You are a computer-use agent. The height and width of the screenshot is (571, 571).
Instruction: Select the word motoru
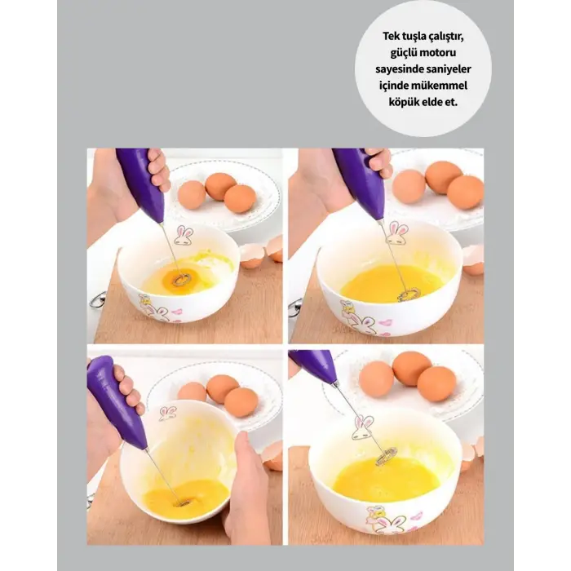pos(438,52)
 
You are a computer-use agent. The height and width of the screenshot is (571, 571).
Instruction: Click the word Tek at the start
pos(390,37)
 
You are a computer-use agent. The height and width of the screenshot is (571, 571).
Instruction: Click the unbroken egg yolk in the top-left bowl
pos(179,280)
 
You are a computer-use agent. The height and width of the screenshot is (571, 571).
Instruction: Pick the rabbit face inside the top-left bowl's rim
pos(184,235)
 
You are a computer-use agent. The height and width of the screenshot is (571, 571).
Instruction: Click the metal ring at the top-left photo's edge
pos(96,300)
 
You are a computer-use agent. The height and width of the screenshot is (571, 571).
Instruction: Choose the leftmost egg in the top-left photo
pos(192,195)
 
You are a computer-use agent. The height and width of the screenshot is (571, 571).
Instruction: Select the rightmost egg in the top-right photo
pos(466,193)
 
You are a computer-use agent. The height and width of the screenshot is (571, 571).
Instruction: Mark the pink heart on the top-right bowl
pos(384,323)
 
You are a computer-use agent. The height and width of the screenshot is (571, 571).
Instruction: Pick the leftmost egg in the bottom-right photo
pos(377,378)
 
